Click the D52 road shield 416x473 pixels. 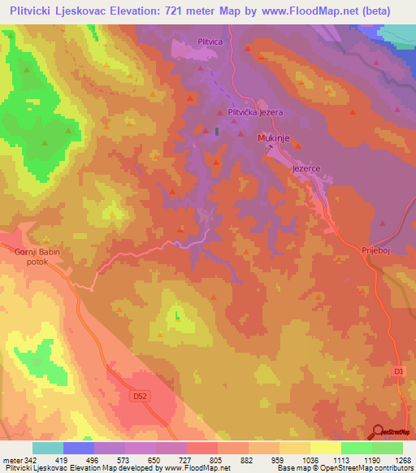(x=139, y=395)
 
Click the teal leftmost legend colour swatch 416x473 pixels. (x=47, y=448)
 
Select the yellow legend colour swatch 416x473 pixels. (x=326, y=448)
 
